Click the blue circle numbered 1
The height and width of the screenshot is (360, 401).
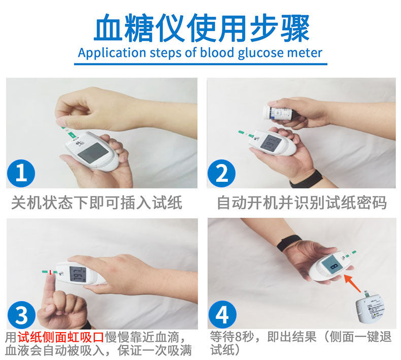click(x=21, y=173)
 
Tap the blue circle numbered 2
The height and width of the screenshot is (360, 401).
click(x=221, y=173)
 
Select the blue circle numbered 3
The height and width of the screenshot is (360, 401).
click(x=21, y=314)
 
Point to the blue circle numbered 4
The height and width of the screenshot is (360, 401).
click(x=222, y=314)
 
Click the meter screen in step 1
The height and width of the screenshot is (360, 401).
click(x=93, y=153)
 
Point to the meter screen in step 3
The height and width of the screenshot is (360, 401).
click(x=78, y=274)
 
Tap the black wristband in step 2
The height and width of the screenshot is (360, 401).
click(x=306, y=179)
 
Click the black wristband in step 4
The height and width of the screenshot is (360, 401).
click(x=288, y=243)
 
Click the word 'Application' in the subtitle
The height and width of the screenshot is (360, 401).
click(x=112, y=53)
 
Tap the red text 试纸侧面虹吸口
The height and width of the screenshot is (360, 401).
click(x=60, y=337)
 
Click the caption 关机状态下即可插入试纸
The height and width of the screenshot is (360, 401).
click(x=96, y=203)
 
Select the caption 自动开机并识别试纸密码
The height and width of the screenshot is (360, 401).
click(x=302, y=203)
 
